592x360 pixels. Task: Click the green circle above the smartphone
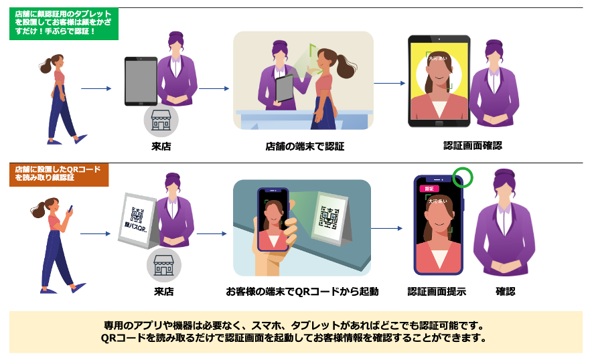pos(463,177)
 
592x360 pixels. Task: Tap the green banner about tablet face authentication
pos(64,23)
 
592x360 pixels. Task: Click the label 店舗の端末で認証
pos(305,146)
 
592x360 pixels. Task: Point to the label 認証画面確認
pos(473,145)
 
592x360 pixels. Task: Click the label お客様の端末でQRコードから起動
pos(303,292)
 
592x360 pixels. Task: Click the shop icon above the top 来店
pos(161,120)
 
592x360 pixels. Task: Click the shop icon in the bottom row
pos(164,264)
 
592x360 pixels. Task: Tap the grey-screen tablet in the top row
pos(141,81)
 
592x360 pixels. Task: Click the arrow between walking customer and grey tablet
pos(95,88)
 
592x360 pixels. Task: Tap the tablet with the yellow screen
pos(439,81)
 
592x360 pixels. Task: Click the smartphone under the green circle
pos(439,226)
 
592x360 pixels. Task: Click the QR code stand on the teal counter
pos(331,217)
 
